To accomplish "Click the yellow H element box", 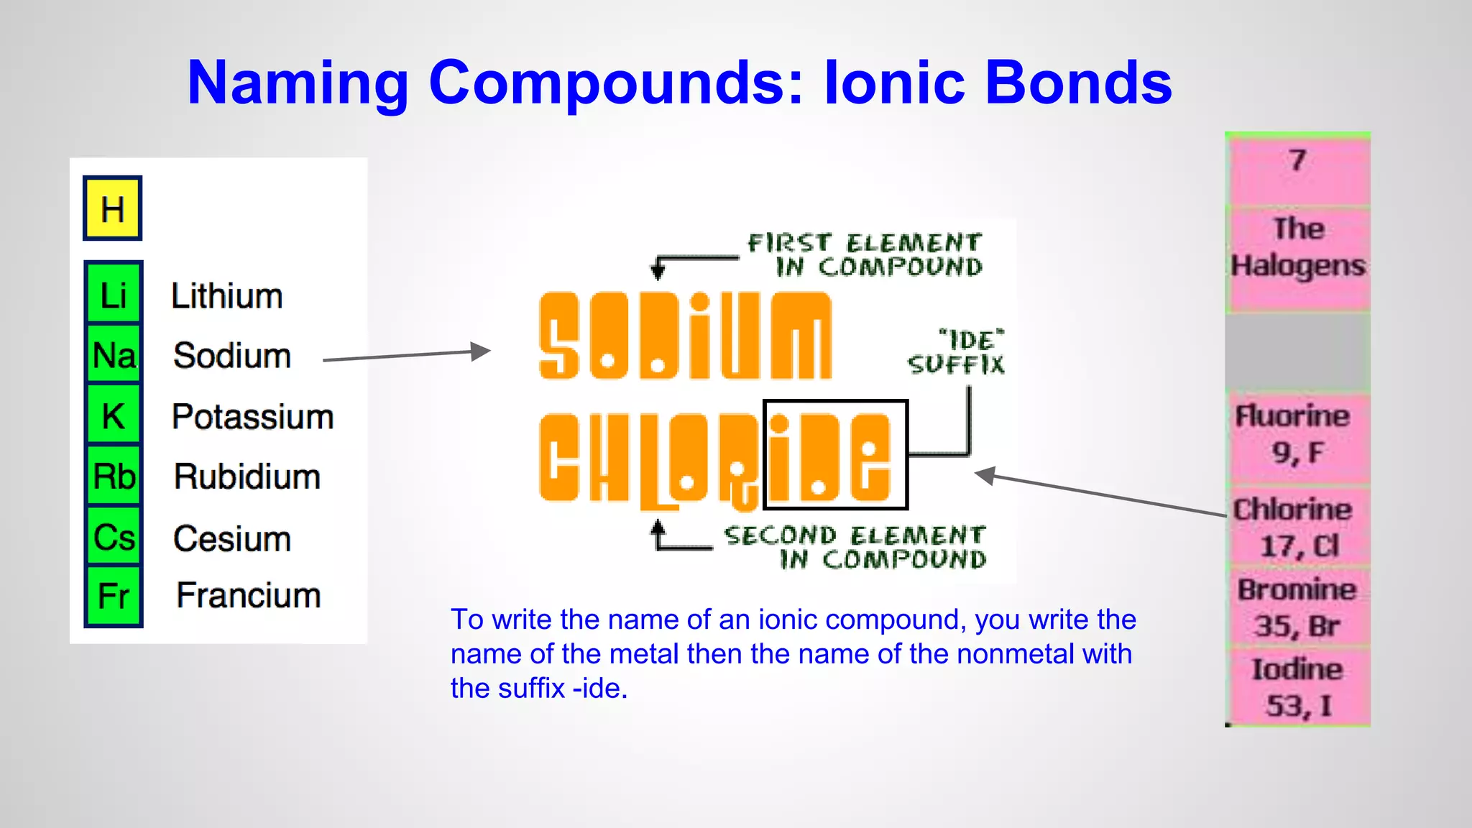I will (112, 208).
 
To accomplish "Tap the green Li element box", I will (114, 295).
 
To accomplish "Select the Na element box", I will (114, 355).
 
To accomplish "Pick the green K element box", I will (114, 416).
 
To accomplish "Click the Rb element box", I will (114, 477).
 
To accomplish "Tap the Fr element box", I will (114, 597).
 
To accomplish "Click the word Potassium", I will (253, 417).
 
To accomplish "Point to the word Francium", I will (249, 596).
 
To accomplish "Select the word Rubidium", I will (247, 477).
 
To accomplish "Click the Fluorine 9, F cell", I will (1297, 435).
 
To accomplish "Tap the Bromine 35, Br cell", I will (1297, 608).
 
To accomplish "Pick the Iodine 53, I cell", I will (1297, 688).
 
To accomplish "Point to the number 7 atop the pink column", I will (1297, 160).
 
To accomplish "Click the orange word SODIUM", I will (685, 336).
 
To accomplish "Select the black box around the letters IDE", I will (835, 454).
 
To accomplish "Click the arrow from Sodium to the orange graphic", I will (407, 355).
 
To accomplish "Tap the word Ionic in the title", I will (894, 83).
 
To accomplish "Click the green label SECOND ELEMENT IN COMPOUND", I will (855, 547).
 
